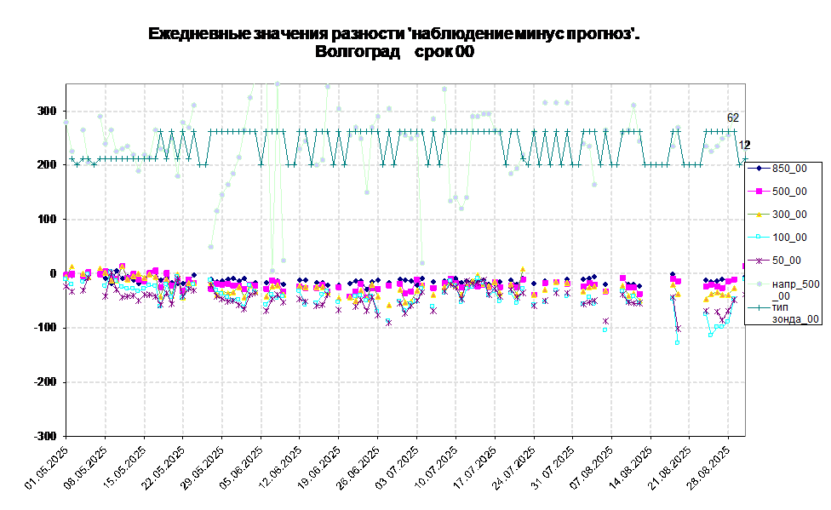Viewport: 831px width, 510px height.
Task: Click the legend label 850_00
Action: (x=789, y=169)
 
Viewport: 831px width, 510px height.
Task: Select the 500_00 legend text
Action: (x=789, y=192)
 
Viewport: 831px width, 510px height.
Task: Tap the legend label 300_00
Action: (x=789, y=215)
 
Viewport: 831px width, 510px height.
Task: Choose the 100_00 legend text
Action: (x=789, y=238)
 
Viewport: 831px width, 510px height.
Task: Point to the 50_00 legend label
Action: (x=787, y=261)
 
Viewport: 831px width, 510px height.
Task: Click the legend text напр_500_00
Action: (x=796, y=289)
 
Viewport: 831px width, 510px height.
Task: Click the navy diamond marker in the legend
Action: (x=758, y=169)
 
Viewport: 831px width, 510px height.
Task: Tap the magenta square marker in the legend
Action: (x=758, y=192)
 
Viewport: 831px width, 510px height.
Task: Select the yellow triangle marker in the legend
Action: (x=758, y=215)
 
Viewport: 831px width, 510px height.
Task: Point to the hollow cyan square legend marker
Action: (x=758, y=238)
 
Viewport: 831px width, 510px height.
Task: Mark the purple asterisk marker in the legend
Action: (x=758, y=261)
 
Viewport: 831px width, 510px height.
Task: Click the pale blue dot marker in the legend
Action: (x=758, y=284)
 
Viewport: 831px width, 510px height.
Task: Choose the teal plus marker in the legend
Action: (x=758, y=307)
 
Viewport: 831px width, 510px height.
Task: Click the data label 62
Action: (x=733, y=117)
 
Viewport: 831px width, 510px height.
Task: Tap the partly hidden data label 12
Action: (x=742, y=146)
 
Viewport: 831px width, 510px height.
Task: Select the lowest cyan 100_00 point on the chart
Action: (x=678, y=342)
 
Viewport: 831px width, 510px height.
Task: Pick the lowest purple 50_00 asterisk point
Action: (x=679, y=329)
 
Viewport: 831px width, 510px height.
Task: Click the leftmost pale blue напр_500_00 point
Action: (x=66, y=122)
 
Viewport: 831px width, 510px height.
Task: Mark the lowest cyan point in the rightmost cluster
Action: (x=711, y=335)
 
